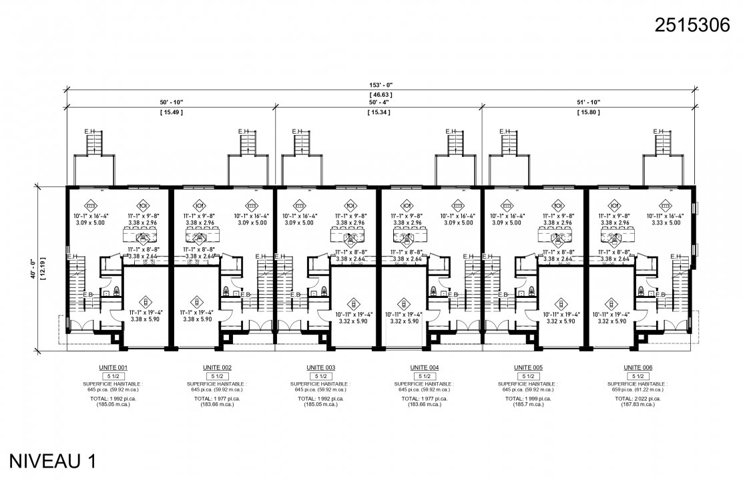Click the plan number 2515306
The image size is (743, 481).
pyautogui.click(x=693, y=27)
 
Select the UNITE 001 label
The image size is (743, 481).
pyautogui.click(x=114, y=368)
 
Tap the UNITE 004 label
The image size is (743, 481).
pyautogui.click(x=425, y=368)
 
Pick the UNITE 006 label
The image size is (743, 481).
pyautogui.click(x=638, y=368)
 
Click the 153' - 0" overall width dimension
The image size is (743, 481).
pyautogui.click(x=381, y=86)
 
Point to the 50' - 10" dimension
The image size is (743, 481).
pyautogui.click(x=171, y=102)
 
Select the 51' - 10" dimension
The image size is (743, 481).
pyautogui.click(x=588, y=102)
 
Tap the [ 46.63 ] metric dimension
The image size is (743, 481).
pyautogui.click(x=381, y=95)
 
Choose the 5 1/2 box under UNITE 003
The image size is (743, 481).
pyautogui.click(x=321, y=377)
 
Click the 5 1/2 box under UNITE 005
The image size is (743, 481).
pyautogui.click(x=528, y=377)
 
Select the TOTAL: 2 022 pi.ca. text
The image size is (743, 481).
pyautogui.click(x=638, y=399)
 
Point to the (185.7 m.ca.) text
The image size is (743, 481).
pyautogui.click(x=528, y=405)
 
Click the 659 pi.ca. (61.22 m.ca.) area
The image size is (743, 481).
pyautogui.click(x=638, y=389)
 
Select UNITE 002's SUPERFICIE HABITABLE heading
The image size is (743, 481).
pyautogui.click(x=218, y=384)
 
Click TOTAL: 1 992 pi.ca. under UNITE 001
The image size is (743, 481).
pyautogui.click(x=114, y=399)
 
